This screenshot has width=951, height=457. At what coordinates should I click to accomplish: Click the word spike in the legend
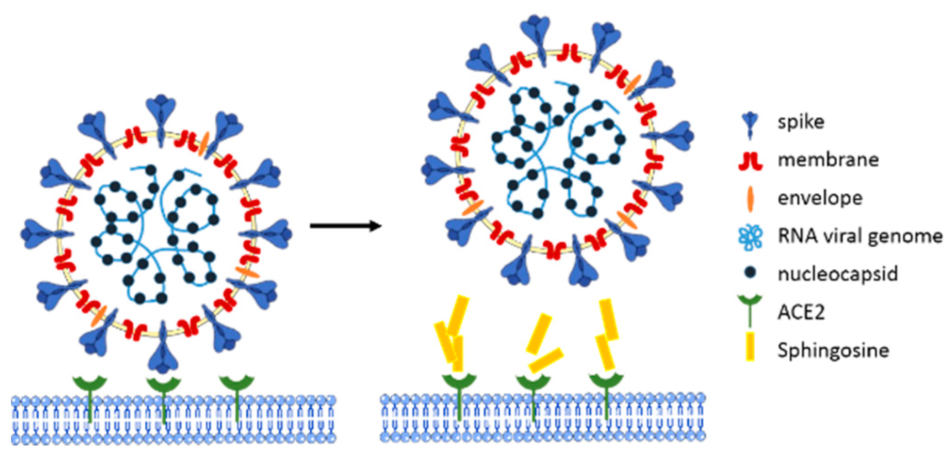[801, 122]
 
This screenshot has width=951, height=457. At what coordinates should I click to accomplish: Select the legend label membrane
[828, 160]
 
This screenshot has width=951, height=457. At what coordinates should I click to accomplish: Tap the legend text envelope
[820, 198]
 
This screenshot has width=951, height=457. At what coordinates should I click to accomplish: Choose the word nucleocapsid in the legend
[838, 274]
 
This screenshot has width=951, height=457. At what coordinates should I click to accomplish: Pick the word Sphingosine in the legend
[833, 351]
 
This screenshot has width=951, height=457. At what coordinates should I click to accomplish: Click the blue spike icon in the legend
[750, 125]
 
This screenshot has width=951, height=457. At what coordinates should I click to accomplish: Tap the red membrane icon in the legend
[750, 161]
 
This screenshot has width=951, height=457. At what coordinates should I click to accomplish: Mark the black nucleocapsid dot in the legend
[750, 273]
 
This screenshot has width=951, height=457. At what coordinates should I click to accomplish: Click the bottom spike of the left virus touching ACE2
[164, 350]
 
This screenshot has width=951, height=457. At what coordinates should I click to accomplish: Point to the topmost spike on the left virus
[161, 117]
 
